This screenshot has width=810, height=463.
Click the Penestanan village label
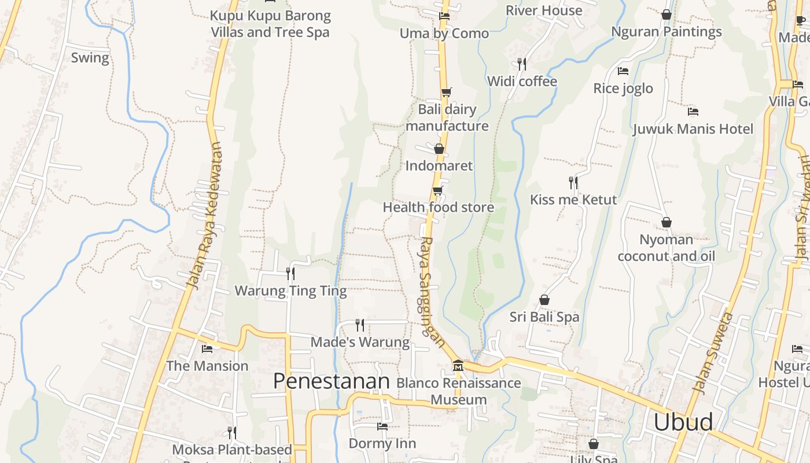(332, 381)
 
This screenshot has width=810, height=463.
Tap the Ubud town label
(683, 422)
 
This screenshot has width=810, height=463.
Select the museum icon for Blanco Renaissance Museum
(458, 366)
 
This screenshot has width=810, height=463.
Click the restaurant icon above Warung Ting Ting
(290, 273)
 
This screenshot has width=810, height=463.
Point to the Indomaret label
(439, 166)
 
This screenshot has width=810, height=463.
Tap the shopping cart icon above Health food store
(438, 190)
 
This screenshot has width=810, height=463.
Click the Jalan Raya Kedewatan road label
(205, 215)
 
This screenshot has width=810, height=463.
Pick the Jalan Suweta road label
(712, 353)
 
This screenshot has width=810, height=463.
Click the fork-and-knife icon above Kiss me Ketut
(573, 183)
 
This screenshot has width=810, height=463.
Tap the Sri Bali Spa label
(544, 317)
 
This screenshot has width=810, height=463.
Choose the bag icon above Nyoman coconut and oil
(667, 222)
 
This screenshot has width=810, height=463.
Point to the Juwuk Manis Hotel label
(693, 129)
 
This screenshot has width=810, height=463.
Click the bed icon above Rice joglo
(623, 71)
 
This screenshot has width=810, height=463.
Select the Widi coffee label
(522, 82)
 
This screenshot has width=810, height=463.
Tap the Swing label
(90, 58)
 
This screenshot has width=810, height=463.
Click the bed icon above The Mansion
(207, 348)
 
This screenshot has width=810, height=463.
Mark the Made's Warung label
(360, 342)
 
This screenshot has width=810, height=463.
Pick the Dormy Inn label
(382, 444)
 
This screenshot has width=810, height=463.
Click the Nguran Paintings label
(667, 32)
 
